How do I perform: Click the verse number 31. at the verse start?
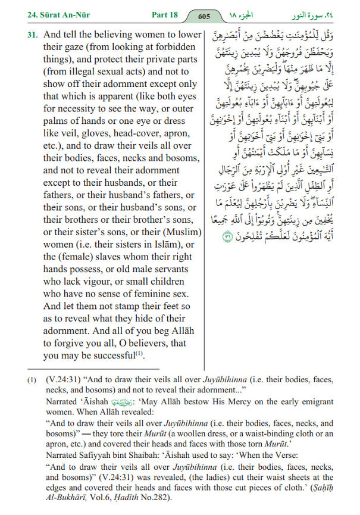coord(32,35)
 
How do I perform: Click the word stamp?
coord(124,306)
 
